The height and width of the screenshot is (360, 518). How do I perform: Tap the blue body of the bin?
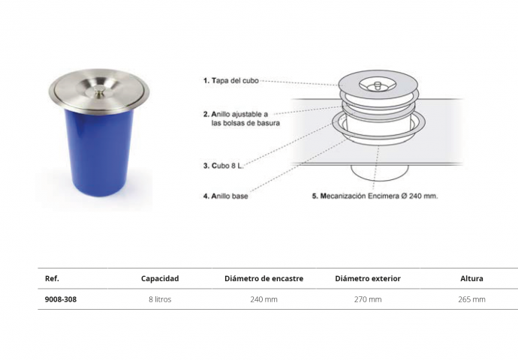click(x=98, y=151)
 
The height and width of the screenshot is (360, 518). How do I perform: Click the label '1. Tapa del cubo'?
click(x=231, y=80)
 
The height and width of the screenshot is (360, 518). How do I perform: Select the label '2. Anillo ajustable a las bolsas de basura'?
click(x=242, y=118)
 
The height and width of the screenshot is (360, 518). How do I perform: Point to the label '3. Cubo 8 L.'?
click(x=223, y=166)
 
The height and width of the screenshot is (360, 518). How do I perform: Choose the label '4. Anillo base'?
click(x=226, y=196)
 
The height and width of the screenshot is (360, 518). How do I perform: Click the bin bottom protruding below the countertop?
click(x=380, y=172)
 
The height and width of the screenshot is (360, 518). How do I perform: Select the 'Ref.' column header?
click(x=52, y=278)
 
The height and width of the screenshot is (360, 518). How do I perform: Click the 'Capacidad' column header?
click(x=160, y=278)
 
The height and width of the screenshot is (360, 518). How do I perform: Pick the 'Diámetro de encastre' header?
click(x=264, y=278)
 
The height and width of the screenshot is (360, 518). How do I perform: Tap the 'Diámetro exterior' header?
click(x=368, y=278)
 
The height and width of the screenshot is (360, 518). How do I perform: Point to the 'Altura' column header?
click(x=471, y=278)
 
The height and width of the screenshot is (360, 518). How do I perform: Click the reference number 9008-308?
click(x=61, y=299)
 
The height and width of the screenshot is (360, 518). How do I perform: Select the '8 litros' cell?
click(x=160, y=299)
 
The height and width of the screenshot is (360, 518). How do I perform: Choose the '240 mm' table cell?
click(x=264, y=299)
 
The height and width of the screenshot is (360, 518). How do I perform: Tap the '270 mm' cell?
click(x=368, y=299)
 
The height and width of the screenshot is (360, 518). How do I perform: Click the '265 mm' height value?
click(x=471, y=299)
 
